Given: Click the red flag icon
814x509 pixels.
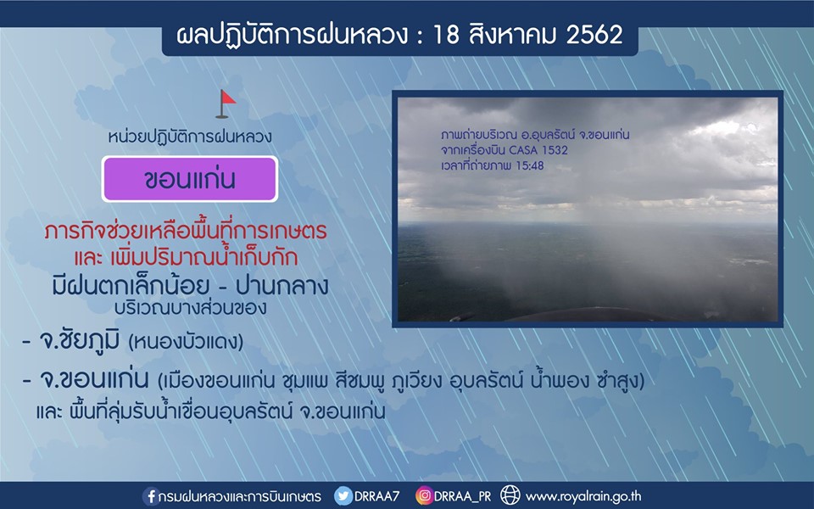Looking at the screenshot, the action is point(226,103).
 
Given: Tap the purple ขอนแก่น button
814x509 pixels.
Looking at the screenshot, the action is point(190,179).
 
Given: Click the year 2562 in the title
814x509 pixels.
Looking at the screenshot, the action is point(594,36).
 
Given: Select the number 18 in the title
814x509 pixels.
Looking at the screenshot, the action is point(446,36).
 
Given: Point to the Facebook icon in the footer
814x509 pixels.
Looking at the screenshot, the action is point(151,496).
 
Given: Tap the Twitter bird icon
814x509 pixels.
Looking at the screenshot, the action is point(343,495).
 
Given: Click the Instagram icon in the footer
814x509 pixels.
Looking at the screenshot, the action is point(424,495).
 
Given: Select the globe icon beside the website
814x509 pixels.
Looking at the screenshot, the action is point(510,495).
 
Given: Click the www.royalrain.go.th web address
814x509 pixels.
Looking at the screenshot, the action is point(583,496).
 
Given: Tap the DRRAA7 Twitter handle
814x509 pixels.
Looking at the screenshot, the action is point(376,496).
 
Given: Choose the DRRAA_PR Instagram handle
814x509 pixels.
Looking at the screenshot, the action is point(463,496).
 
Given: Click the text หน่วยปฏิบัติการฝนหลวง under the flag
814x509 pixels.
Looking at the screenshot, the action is point(190,137).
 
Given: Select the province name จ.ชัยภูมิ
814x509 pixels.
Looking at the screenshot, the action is point(80,341).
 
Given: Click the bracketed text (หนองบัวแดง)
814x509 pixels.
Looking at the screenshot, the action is point(186,342).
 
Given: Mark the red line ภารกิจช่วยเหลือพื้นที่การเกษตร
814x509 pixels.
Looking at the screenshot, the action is point(186,231).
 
